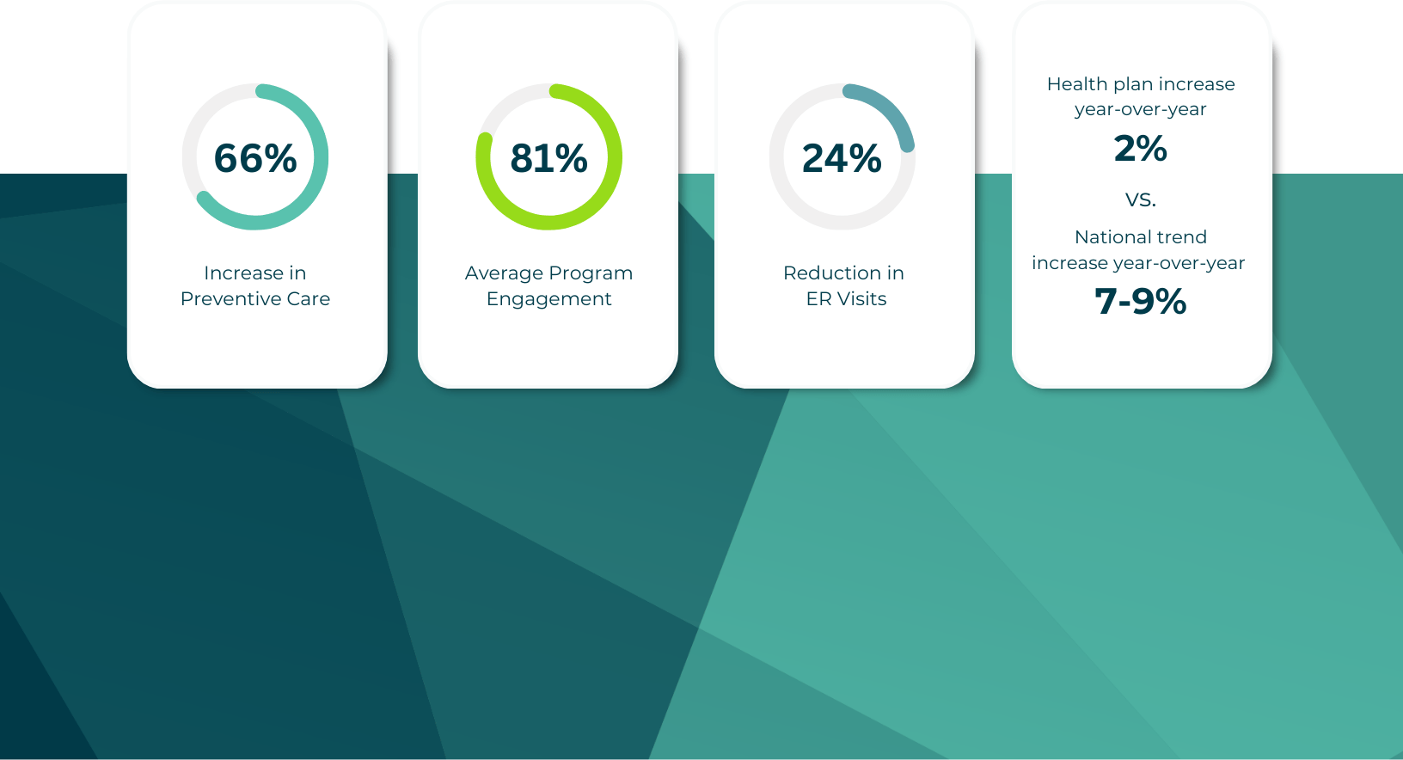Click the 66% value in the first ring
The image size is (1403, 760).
point(255,158)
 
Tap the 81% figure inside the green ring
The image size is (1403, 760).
point(548,158)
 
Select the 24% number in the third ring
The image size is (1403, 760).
point(842,158)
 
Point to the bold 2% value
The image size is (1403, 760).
point(1141,149)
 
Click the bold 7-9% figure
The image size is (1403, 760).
point(1141,302)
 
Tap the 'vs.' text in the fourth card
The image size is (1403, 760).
point(1141,199)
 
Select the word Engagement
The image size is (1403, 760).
point(548,299)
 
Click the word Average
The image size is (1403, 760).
point(504,273)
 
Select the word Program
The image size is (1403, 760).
point(591,273)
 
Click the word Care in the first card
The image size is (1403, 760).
point(308,299)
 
